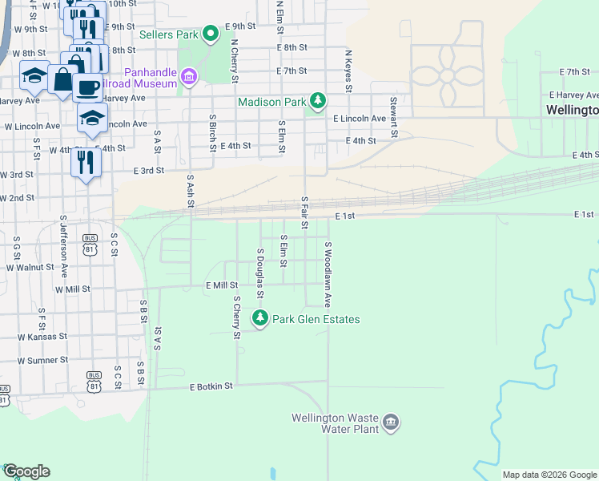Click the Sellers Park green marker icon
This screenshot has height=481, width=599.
click(x=211, y=34)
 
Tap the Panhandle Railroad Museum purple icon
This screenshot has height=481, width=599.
click(x=189, y=77)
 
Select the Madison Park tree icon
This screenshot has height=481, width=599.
click(x=319, y=100)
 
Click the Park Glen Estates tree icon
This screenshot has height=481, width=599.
click(x=259, y=318)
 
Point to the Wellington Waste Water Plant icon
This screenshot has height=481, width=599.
click(x=391, y=422)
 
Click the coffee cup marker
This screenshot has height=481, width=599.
click(x=87, y=86)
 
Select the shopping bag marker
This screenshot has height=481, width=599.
click(x=62, y=79)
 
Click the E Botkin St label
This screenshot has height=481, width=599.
click(x=211, y=386)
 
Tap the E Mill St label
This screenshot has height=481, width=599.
click(x=222, y=285)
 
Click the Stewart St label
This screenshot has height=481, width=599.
click(x=393, y=118)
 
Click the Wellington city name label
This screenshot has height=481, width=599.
click(x=572, y=110)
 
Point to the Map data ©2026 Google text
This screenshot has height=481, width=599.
click(x=549, y=475)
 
